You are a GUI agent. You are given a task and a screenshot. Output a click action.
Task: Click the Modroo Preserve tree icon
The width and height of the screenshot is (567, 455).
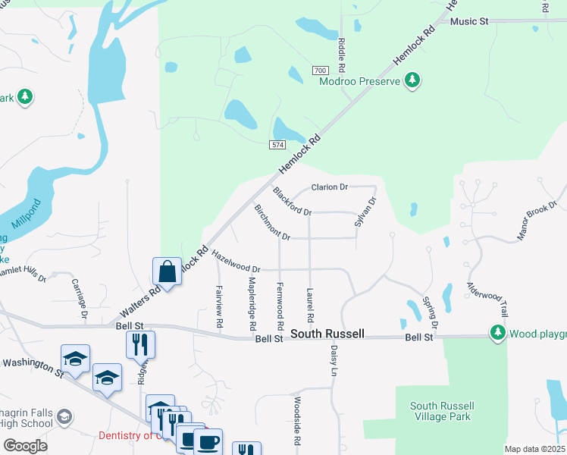point(412,80)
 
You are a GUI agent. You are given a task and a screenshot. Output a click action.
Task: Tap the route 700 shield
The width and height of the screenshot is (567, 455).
point(319,71)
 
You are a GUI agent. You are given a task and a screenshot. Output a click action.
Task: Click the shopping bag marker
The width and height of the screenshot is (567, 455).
point(167,271)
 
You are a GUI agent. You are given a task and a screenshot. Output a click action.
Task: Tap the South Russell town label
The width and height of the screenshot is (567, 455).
point(328,334)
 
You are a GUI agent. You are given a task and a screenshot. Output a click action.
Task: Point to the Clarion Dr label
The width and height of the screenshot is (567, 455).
point(330,187)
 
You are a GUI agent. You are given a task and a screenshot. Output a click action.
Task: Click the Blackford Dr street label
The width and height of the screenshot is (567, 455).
point(292,201)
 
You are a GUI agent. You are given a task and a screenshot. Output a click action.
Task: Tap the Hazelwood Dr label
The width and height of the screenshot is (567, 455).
point(236,262)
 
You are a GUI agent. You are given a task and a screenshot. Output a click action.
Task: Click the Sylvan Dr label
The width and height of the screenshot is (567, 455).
point(365,212)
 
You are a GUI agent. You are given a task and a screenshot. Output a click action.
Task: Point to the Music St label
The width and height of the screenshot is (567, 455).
point(469,21)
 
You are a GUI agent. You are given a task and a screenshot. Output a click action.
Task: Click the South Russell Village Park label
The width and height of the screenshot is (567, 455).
point(440,411)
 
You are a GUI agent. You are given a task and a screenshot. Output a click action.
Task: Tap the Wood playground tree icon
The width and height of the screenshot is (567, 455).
point(497,333)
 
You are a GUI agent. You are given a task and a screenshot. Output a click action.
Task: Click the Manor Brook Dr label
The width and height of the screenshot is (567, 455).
point(537,221)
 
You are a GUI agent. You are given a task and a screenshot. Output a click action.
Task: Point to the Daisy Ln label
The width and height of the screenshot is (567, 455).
point(334,360)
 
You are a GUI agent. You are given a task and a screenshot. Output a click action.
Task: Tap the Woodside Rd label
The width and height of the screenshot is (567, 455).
point(297,422)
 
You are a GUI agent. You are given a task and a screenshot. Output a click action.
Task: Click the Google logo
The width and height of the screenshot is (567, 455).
point(26,446)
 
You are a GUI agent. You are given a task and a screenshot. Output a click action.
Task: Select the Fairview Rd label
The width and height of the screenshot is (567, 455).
point(219,306)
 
